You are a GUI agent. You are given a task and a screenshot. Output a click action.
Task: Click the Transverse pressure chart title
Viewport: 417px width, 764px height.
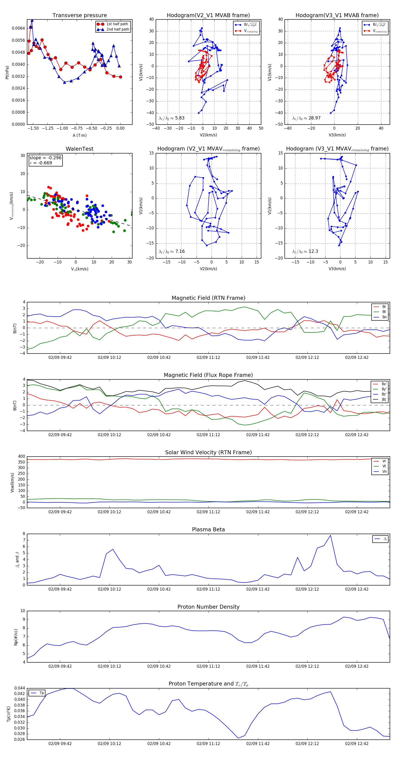point(79,16)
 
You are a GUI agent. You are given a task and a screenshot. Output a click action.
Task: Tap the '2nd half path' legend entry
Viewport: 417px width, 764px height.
point(117,29)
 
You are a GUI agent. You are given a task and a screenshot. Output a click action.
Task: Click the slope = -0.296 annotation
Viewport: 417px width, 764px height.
point(45,158)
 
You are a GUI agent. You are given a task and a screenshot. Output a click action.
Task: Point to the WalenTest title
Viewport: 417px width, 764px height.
point(79,149)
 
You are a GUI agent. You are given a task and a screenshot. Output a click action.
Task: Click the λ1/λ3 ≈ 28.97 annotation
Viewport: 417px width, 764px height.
point(306,118)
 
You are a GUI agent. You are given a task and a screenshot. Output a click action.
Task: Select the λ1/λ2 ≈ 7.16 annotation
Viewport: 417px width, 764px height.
point(171,251)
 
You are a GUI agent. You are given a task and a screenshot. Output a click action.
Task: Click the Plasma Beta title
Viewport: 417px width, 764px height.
point(208,529)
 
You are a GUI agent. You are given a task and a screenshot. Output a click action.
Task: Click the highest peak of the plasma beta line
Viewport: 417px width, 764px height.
point(330,535)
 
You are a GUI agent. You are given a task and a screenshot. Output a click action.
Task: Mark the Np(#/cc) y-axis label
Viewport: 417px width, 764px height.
point(16,637)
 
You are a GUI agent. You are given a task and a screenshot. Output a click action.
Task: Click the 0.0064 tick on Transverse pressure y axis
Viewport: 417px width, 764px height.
point(18,28)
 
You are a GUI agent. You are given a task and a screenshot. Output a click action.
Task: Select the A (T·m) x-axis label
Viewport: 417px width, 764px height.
point(79,135)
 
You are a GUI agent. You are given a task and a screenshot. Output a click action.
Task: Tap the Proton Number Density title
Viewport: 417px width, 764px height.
point(208,607)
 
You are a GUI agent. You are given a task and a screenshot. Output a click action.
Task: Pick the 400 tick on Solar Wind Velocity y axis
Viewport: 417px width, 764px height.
point(21,457)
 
